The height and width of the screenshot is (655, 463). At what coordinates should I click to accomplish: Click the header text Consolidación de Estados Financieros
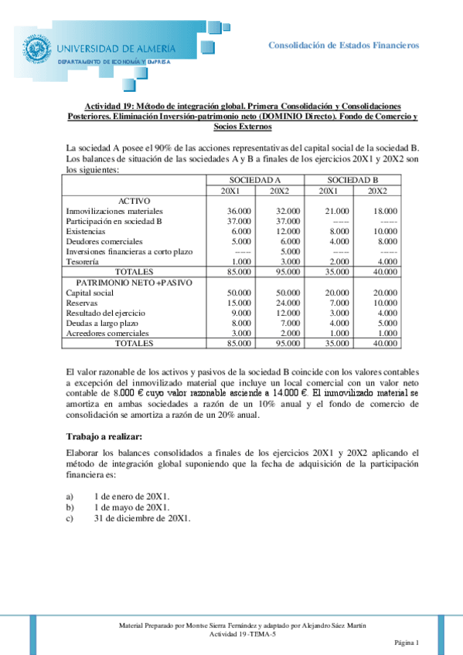[x=343, y=45]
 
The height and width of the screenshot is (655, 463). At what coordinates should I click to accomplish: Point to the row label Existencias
[x=86, y=231]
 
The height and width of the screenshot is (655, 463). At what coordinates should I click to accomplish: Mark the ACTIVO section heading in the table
[x=134, y=200]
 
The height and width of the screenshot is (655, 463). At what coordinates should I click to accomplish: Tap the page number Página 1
[x=405, y=643]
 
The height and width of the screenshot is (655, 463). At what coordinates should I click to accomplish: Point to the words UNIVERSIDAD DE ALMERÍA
[x=117, y=47]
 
